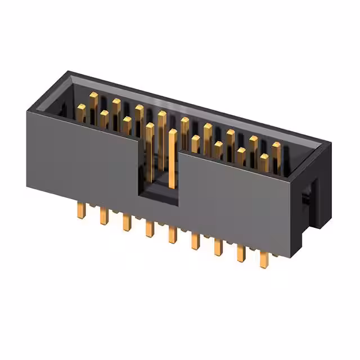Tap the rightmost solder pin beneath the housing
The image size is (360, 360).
point(263,257)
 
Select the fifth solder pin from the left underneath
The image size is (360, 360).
point(172,234)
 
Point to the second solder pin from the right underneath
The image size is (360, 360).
point(241,252)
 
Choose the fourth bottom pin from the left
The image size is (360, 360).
point(149,228)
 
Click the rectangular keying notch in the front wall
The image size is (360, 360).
point(159,169)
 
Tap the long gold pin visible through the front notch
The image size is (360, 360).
point(172,157)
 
